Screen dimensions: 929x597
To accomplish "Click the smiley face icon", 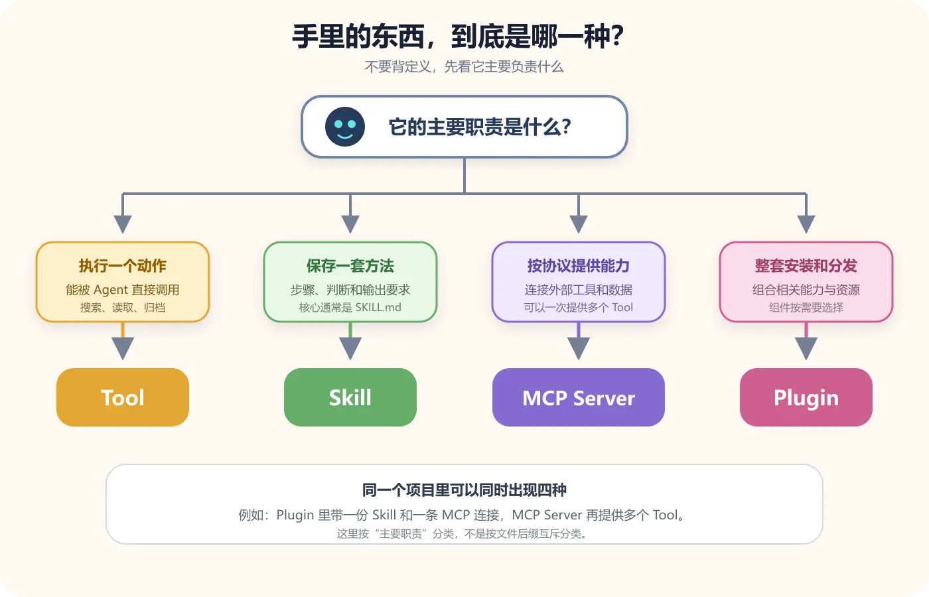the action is (344, 127).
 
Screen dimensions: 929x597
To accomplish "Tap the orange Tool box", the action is (123, 397).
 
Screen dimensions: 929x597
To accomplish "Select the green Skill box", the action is (350, 397).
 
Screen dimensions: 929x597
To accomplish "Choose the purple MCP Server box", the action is (579, 397).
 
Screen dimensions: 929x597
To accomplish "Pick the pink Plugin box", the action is (806, 397).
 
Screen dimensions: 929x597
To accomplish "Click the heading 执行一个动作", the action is (123, 266).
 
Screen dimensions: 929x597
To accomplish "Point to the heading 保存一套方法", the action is (350, 266).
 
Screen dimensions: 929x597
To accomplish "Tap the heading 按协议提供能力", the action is (579, 266).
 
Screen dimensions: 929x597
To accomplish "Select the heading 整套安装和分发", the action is (806, 266).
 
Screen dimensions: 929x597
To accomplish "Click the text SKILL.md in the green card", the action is (378, 307).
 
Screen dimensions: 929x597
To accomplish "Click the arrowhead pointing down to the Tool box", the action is (123, 348).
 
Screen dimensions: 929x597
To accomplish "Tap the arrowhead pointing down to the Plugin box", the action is (806, 348).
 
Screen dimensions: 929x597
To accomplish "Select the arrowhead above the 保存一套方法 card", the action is (350, 224).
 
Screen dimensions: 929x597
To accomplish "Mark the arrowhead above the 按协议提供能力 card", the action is (579, 224).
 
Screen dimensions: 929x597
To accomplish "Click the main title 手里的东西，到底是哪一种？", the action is (459, 36).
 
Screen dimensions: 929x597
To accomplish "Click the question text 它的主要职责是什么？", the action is (480, 127).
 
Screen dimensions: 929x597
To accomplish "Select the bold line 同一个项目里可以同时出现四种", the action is (464, 490).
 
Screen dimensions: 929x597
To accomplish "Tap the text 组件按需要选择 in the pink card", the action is (806, 307).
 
